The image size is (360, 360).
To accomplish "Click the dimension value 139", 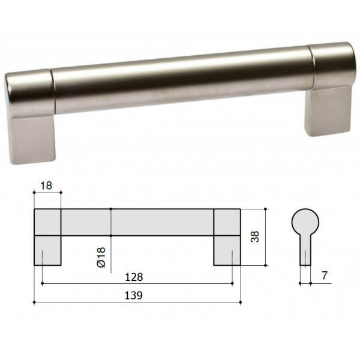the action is tap(134, 295).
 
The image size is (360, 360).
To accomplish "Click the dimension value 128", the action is tap(134, 277).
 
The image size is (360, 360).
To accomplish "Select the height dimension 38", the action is tap(255, 236).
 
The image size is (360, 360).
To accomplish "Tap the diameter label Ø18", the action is tap(101, 257).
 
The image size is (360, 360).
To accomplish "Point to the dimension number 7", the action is tap(324, 275).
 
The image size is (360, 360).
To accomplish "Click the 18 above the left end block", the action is tap(46, 185).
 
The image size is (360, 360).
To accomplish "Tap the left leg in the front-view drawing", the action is tap(47, 250).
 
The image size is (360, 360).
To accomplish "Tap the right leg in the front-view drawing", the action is tap(227, 250).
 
